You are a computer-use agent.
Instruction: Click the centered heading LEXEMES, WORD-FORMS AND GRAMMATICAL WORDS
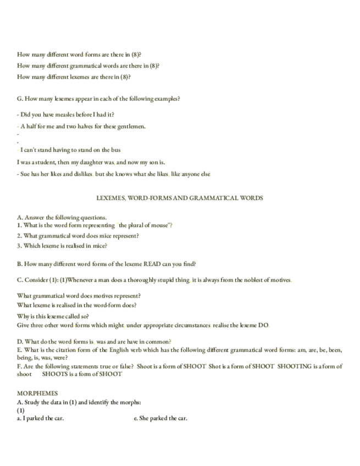pos(180,198)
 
